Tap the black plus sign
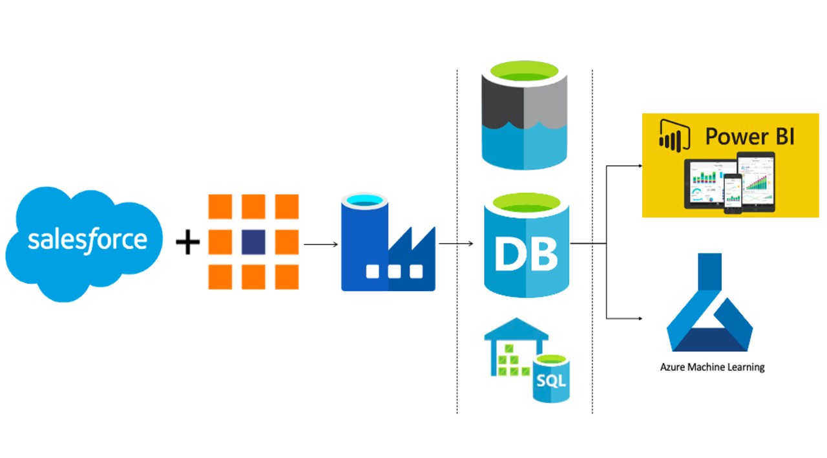pos(188,243)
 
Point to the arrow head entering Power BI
pos(640,166)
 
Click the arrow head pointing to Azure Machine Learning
pos(640,318)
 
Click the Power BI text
pos(749,137)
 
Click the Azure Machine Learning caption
pos(712,367)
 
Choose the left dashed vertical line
pos(457,259)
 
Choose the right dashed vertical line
pos(592,259)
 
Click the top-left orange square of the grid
pos(220,206)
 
